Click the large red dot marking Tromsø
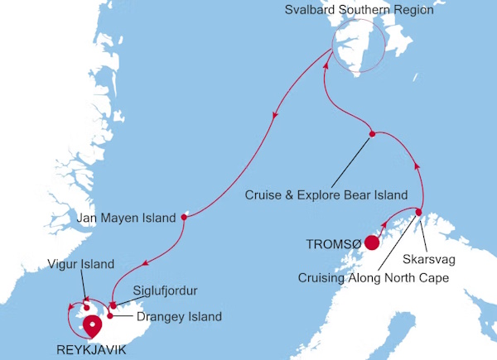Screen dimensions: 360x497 pos(373,243)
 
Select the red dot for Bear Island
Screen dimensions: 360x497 pos(372,134)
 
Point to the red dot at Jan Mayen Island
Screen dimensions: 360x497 pos(183,218)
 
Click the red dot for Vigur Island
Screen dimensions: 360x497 pos(85,286)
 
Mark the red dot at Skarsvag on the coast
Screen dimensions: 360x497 pos(419,213)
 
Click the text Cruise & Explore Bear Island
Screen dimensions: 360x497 pos(326,196)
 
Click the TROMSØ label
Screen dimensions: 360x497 pos(333,244)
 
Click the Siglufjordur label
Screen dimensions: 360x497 pos(165,291)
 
